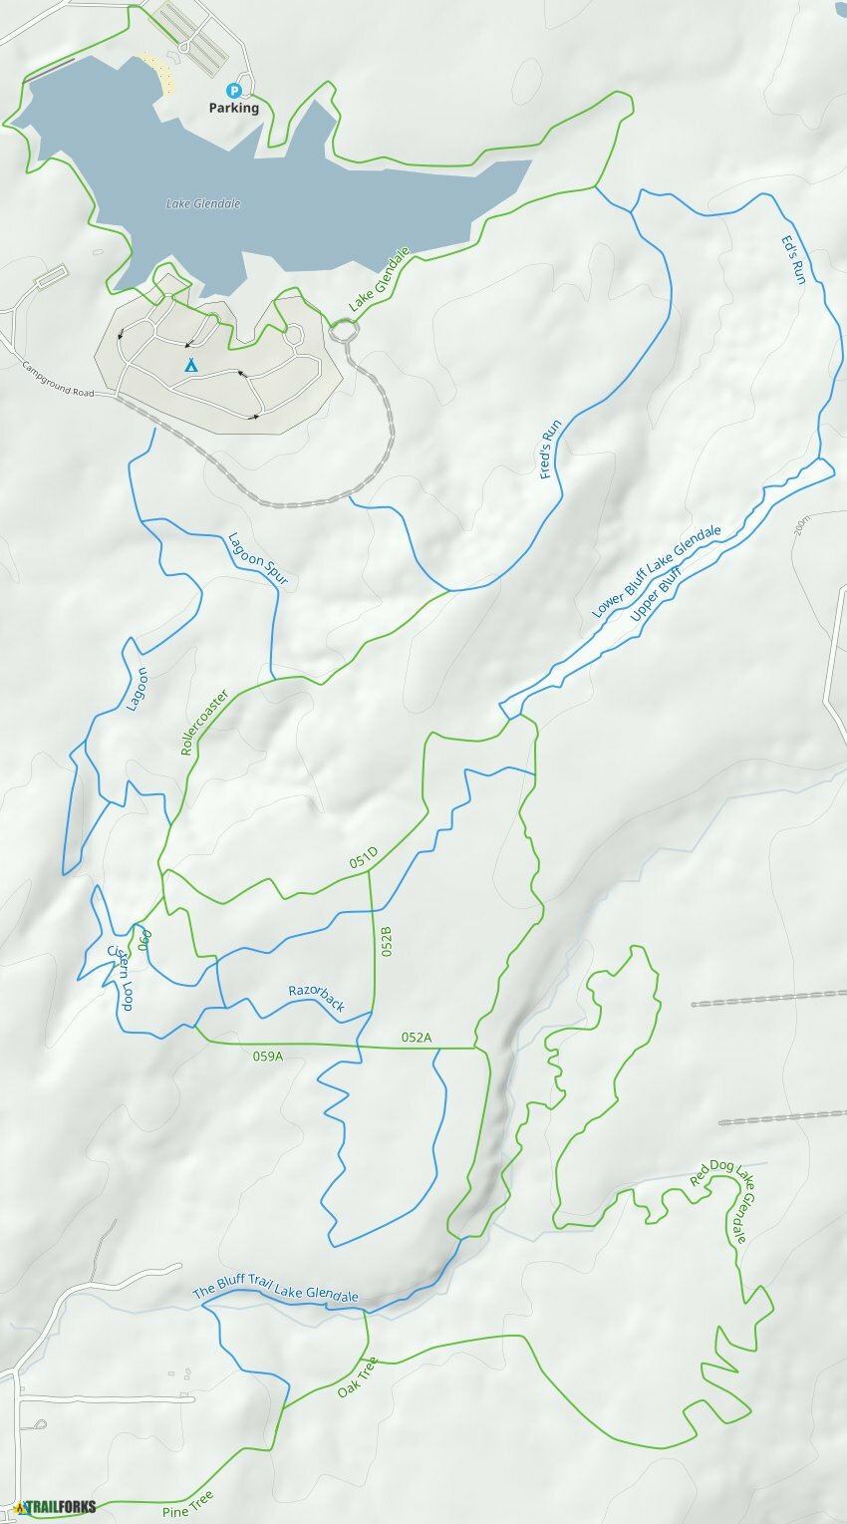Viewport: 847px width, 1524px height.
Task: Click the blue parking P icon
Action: tap(234, 91)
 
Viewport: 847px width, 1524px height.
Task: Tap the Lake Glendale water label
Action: tap(203, 204)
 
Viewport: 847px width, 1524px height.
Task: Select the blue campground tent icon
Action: tap(189, 366)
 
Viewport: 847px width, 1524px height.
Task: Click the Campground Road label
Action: tap(58, 379)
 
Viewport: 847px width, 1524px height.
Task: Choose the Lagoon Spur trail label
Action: tap(257, 559)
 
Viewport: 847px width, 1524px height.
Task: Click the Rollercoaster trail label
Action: tap(204, 722)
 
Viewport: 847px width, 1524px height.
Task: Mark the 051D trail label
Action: tap(364, 856)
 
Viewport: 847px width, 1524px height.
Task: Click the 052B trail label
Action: tap(386, 941)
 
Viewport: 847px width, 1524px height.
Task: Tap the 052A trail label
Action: tap(417, 1038)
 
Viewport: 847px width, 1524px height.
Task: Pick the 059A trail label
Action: tap(268, 1056)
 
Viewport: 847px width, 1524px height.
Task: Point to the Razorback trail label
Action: tap(316, 998)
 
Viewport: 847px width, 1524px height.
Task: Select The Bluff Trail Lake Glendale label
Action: tap(275, 1292)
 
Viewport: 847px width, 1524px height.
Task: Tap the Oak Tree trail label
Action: tap(357, 1376)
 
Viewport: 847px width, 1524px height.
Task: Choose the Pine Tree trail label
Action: tap(187, 1503)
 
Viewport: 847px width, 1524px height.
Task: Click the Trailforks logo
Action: tap(49, 1507)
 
